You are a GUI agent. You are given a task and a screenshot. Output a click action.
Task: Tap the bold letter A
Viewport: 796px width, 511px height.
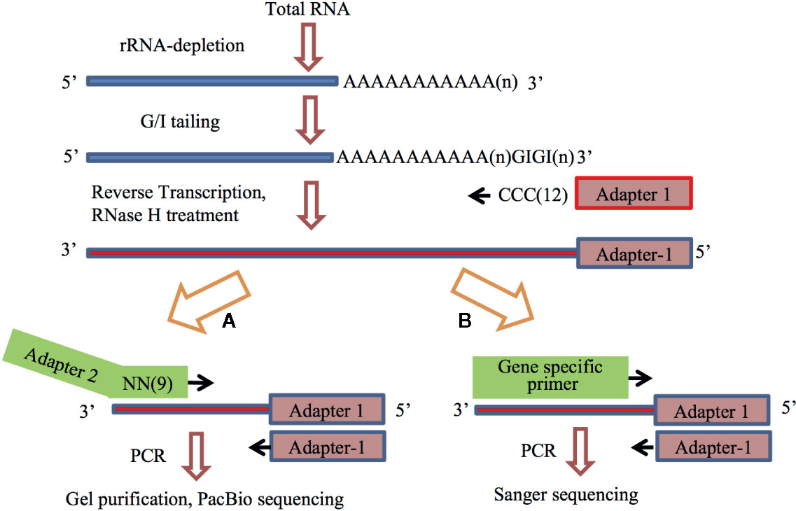click(227, 321)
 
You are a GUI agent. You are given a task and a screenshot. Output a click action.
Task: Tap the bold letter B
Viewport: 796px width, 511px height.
click(463, 322)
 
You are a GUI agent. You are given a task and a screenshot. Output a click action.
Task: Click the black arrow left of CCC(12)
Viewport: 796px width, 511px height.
click(480, 197)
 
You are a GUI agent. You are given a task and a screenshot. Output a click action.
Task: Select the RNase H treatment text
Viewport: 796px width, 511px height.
click(165, 215)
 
